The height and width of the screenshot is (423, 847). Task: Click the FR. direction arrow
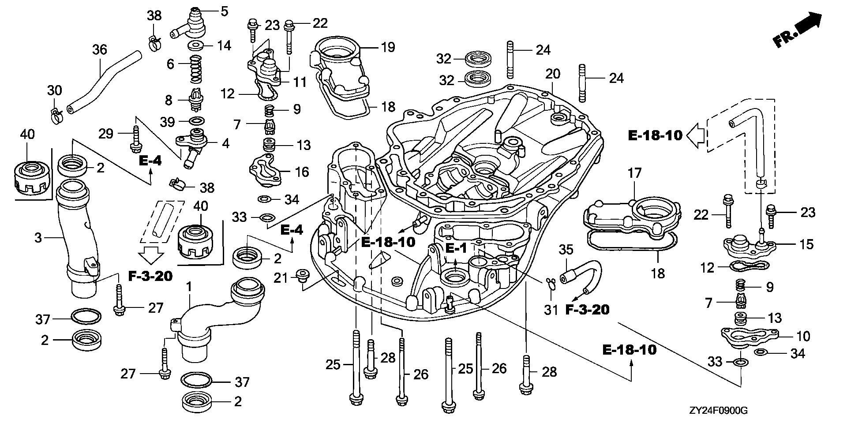[x=798, y=30]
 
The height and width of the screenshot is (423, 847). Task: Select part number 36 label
[x=100, y=49]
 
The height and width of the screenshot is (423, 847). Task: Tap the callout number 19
[x=388, y=47]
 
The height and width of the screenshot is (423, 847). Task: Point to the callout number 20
[x=553, y=74]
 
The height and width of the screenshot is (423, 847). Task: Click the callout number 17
[x=634, y=172]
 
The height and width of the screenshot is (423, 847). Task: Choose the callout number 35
[x=566, y=250]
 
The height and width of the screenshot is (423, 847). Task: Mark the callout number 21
[x=280, y=277]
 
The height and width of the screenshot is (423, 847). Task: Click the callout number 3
[x=38, y=238]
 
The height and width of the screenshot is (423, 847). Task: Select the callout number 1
[x=189, y=287]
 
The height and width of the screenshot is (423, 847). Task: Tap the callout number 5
[x=224, y=11]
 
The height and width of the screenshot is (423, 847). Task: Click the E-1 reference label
[x=456, y=248]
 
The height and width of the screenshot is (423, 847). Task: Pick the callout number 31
[x=551, y=310]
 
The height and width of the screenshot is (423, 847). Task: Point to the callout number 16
[x=302, y=172]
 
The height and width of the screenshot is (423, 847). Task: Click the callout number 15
[x=806, y=244]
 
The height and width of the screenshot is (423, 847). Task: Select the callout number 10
[x=804, y=336]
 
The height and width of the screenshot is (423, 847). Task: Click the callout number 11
[x=300, y=82]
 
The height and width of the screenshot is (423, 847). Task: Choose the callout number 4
[x=225, y=143]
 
